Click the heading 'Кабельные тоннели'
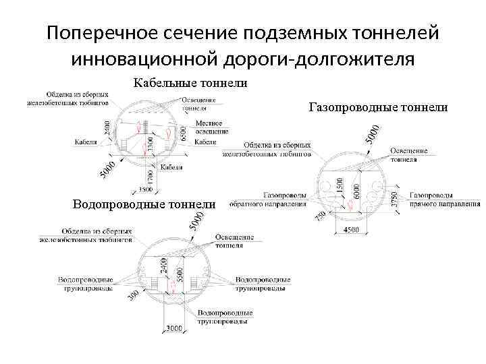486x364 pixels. pyautogui.click(x=191, y=84)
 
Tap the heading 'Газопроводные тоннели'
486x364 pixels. pyautogui.click(x=378, y=107)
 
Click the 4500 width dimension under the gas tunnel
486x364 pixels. pyautogui.click(x=352, y=231)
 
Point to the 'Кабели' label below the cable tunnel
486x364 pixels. pyautogui.click(x=171, y=166)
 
